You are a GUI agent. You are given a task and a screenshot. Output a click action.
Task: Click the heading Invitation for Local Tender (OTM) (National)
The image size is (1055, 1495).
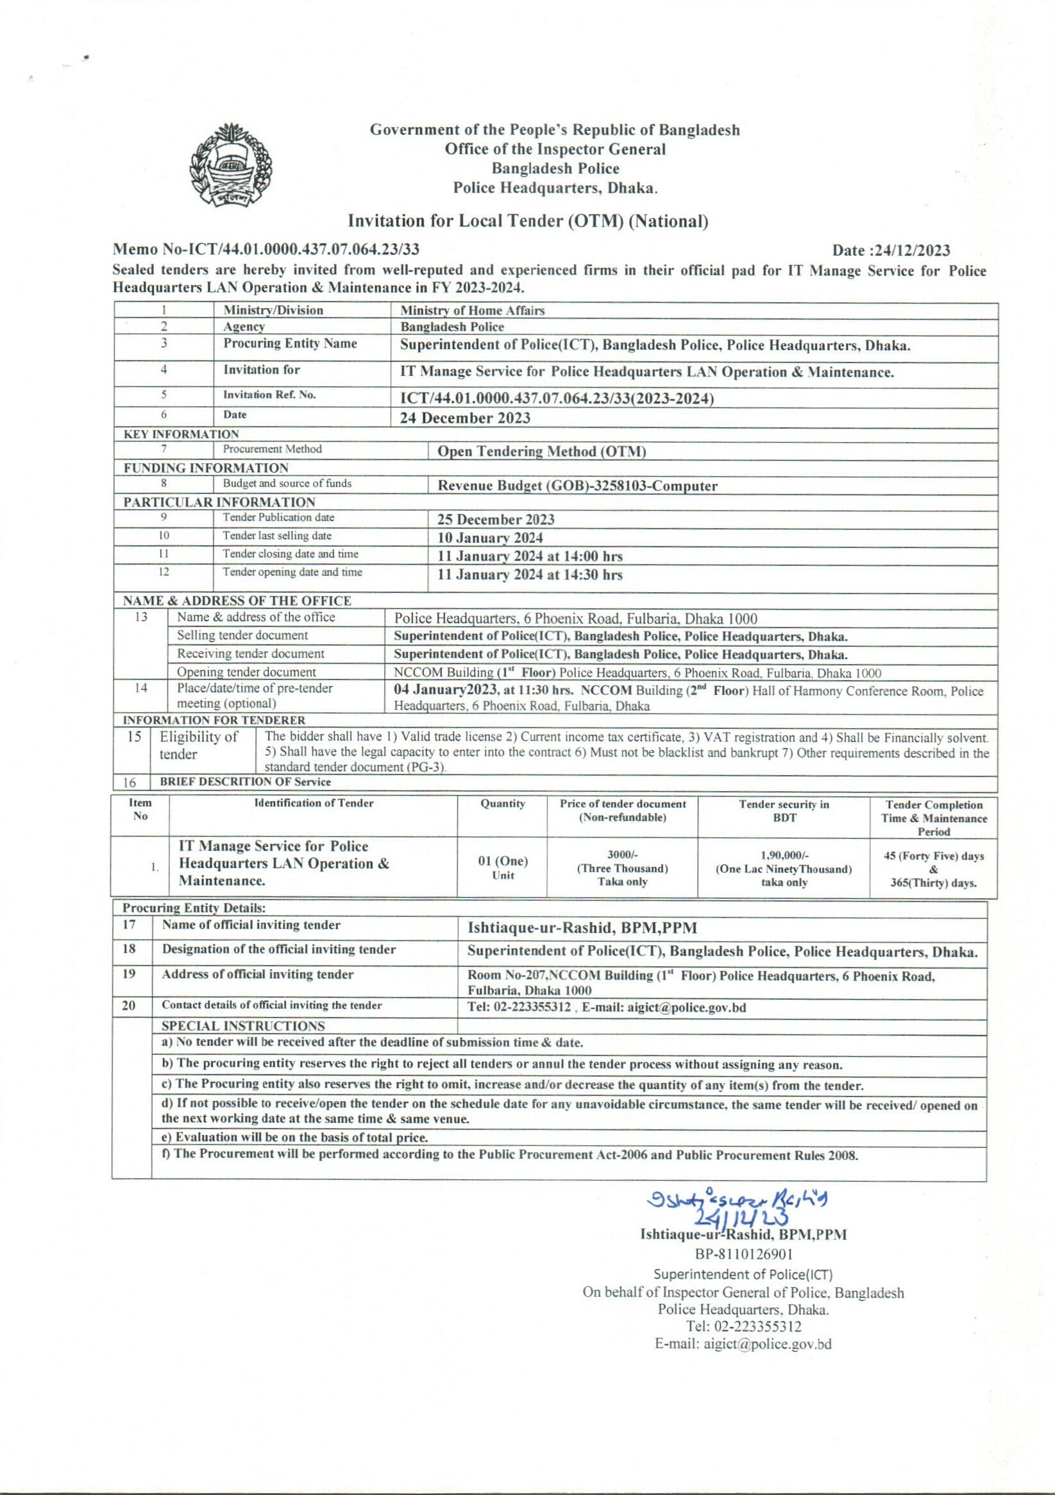(x=528, y=221)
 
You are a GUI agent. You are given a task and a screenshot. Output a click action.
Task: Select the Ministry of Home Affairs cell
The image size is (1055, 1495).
(x=472, y=311)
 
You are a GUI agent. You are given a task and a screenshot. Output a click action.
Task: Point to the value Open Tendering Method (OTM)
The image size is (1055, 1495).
(x=541, y=451)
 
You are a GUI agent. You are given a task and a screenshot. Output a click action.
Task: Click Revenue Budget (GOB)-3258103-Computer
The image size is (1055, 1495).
(x=577, y=486)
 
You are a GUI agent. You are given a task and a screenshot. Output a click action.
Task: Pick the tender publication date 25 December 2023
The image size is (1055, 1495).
(x=496, y=520)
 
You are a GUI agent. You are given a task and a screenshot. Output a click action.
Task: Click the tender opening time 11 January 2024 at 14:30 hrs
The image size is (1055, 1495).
(x=530, y=574)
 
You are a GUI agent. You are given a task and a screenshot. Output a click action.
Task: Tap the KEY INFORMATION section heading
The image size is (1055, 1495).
(x=181, y=434)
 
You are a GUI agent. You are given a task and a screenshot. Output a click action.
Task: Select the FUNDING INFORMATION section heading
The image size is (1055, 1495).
(x=206, y=468)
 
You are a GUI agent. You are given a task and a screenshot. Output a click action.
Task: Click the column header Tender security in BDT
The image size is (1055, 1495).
(x=784, y=810)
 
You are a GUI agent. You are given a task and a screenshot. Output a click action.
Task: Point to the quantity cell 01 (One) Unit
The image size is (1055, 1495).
(x=502, y=867)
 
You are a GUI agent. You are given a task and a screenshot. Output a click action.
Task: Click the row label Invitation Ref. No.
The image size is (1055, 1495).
(x=269, y=395)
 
